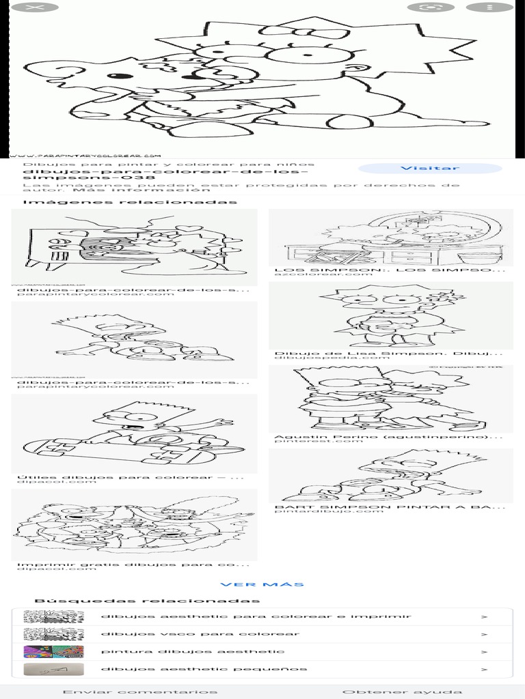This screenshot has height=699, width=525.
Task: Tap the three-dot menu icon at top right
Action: coord(489,8)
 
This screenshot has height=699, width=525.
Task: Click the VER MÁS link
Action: coord(262,584)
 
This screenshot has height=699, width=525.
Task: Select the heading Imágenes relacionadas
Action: coord(130,202)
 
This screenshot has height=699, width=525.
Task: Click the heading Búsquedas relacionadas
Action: coord(147,601)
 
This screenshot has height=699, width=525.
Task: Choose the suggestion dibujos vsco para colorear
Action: coord(200,634)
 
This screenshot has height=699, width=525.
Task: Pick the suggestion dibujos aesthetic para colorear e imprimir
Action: coord(256,616)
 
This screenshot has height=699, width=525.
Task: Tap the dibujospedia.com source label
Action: coord(313,358)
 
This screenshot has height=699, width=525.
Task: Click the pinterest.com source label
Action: coord(309,441)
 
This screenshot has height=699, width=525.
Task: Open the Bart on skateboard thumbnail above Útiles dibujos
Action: coord(134,434)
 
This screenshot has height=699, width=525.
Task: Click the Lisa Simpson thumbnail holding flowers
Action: coord(390,315)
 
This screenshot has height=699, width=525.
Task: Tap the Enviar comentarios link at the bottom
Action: coord(139,691)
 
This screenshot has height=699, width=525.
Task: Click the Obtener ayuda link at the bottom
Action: coord(402,691)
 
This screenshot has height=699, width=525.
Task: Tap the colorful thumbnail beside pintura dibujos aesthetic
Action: coord(53,652)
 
